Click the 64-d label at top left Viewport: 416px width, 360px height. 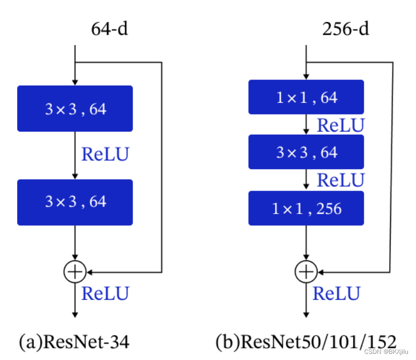[x=109, y=29]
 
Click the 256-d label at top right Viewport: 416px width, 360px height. [x=346, y=29]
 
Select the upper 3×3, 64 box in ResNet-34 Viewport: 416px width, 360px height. [x=75, y=108]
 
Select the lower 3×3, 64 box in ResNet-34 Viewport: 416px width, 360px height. [x=75, y=202]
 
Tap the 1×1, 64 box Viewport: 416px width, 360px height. [x=306, y=97]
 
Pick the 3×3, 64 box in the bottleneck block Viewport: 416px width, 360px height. [x=306, y=152]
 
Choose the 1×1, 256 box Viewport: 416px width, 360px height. [x=306, y=208]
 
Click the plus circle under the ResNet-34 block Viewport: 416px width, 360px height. [x=74, y=272]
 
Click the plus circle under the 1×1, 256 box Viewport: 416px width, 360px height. [x=306, y=272]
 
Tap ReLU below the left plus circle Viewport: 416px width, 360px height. [x=105, y=293]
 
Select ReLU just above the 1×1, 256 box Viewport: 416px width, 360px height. [x=340, y=180]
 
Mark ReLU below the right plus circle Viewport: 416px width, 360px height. [x=336, y=293]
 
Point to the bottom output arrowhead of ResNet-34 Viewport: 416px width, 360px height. [x=75, y=315]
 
